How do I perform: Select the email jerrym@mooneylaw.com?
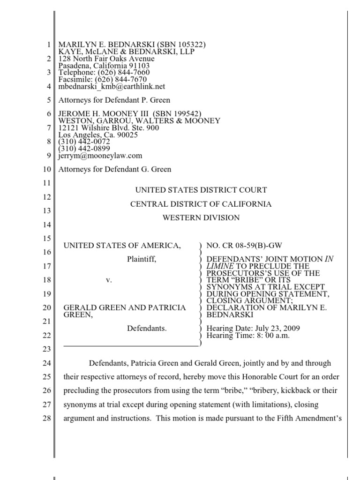(100, 156)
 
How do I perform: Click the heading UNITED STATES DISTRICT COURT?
(201, 190)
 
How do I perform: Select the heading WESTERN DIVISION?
(201, 217)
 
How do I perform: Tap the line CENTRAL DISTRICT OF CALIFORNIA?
(201, 204)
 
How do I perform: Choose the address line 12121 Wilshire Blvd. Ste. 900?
(108, 128)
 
